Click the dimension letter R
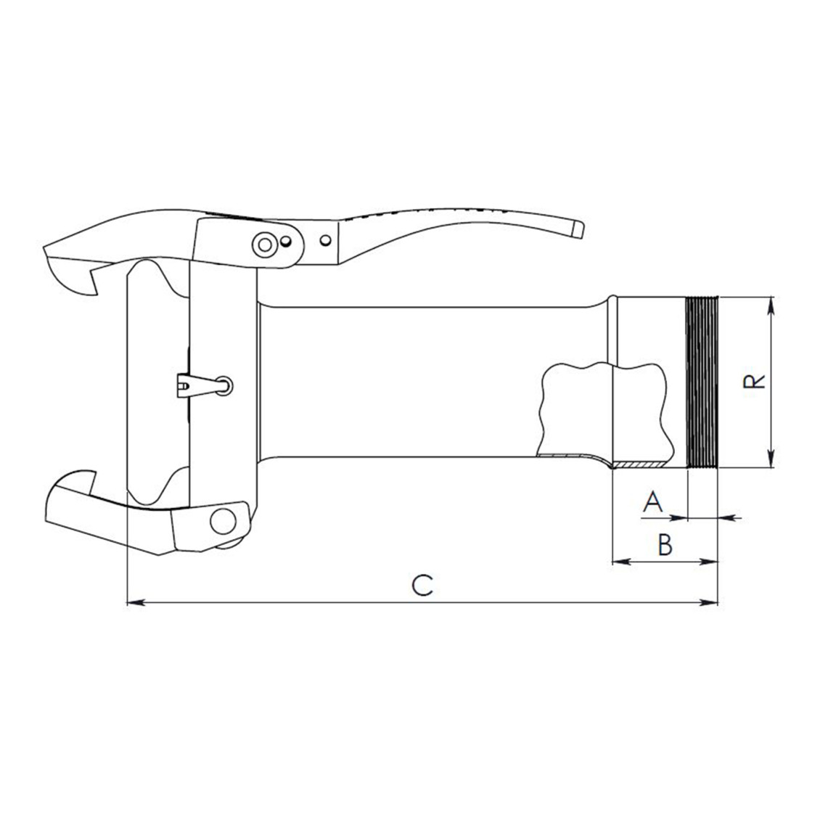point(754,381)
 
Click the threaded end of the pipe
point(702,382)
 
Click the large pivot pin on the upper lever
point(264,245)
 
